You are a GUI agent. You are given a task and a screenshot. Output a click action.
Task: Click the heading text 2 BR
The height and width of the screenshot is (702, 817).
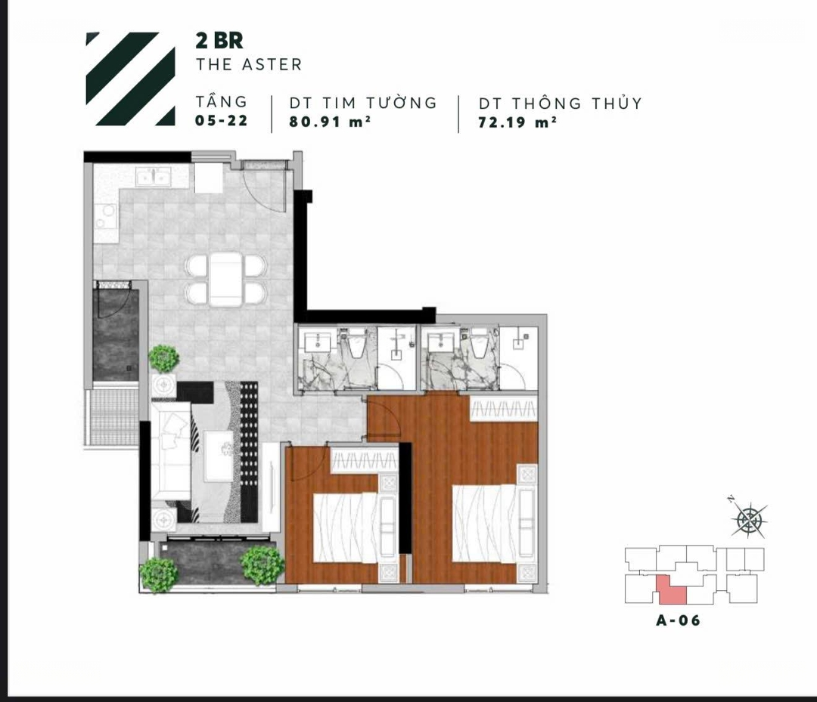coord(219,41)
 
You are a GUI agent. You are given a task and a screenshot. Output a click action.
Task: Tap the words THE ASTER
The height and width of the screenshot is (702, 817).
coord(249,64)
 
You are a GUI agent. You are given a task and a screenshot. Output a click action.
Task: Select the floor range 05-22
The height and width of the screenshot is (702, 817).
coord(222,121)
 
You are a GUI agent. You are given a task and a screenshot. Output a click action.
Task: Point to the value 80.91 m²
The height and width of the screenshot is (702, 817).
coord(330,121)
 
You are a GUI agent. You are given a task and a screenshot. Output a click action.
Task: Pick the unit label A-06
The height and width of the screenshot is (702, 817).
coord(678,620)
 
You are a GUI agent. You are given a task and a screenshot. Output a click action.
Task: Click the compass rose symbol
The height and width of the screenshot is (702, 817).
coord(749,518)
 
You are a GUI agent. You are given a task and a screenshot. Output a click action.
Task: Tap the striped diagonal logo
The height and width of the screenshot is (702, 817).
coord(130,79)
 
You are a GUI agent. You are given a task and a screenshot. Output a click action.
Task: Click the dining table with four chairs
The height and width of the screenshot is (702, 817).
coord(226,279)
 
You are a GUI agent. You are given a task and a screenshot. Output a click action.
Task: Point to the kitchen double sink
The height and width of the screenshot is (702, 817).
coord(153,177)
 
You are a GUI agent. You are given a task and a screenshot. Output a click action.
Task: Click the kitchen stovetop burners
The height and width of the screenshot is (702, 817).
coord(107,217)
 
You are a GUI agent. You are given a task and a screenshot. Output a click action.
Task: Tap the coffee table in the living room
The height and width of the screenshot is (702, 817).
coord(219,456)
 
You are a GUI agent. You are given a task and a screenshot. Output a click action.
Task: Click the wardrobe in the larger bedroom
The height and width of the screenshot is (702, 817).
coord(504,408)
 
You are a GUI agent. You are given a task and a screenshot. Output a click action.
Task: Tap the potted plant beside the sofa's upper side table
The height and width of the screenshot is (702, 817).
coord(163,358)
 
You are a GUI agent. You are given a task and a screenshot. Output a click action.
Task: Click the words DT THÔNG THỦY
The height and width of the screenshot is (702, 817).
coord(560,103)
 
